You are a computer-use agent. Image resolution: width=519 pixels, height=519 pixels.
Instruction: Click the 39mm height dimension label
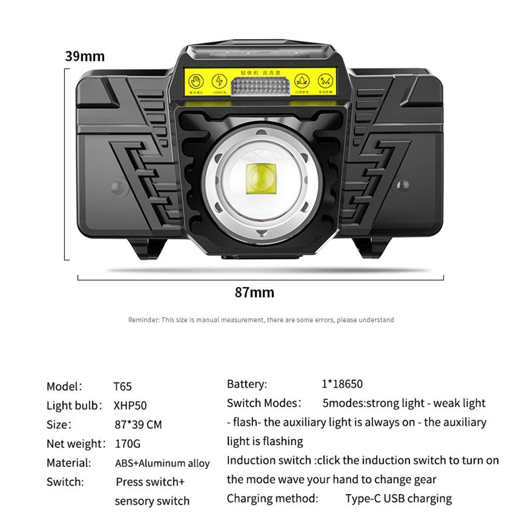click(85, 56)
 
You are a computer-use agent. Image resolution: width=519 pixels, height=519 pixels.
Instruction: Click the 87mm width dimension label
click(254, 292)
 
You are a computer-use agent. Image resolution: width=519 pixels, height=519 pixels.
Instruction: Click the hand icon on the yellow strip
click(195, 81)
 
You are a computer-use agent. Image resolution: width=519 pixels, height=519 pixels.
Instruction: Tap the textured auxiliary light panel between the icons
click(259, 86)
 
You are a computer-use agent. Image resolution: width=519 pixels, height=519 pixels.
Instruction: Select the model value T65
click(122, 387)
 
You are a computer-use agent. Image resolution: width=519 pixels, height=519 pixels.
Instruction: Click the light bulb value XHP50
click(130, 406)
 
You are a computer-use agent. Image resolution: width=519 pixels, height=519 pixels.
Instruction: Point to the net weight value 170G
click(128, 444)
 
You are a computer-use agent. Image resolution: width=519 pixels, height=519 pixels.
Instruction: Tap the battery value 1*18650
click(342, 384)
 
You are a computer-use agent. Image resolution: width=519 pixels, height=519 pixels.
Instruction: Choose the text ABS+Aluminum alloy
click(162, 463)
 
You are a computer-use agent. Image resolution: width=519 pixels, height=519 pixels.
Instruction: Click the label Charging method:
click(272, 499)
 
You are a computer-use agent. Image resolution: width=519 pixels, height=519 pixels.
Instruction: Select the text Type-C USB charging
click(399, 499)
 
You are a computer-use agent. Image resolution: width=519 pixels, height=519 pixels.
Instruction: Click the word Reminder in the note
click(143, 320)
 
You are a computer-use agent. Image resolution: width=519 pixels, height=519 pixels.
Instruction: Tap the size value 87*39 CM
click(138, 425)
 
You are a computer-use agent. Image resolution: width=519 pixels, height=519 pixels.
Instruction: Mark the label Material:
click(69, 462)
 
